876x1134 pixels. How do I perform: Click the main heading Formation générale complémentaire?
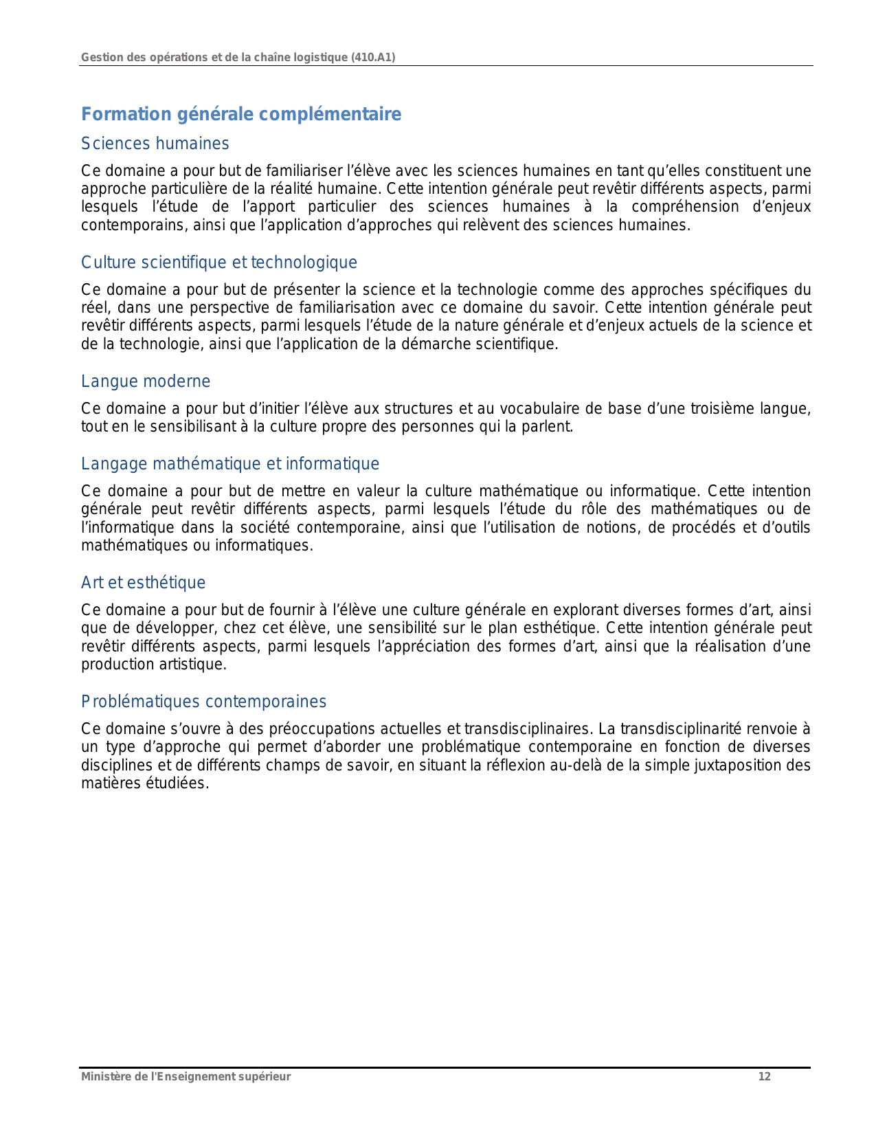tap(241, 114)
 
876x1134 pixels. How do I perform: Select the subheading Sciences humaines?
tap(155, 144)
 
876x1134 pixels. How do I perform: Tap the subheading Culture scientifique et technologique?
tap(219, 263)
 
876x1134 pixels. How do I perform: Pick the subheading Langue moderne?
tap(146, 381)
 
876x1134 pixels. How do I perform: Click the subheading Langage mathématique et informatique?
tap(230, 464)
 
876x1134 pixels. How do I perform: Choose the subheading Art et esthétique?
tap(143, 583)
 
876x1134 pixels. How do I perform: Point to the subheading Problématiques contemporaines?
tap(203, 702)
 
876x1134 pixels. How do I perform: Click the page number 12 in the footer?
tap(764, 1077)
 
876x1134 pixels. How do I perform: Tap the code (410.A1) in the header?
tap(373, 58)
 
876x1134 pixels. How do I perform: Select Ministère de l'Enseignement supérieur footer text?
tap(186, 1077)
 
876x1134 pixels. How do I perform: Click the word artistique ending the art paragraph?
tap(196, 665)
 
